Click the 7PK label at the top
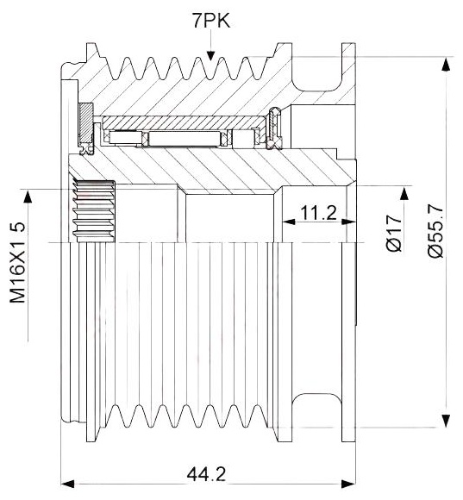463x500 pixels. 210,21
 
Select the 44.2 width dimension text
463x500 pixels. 206,474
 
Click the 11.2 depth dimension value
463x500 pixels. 318,213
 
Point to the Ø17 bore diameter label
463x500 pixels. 394,233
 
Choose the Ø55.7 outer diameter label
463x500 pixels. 435,231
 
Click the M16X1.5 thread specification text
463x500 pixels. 17,262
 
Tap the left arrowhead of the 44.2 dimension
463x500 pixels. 67,484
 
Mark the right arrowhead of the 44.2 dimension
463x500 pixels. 348,484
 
